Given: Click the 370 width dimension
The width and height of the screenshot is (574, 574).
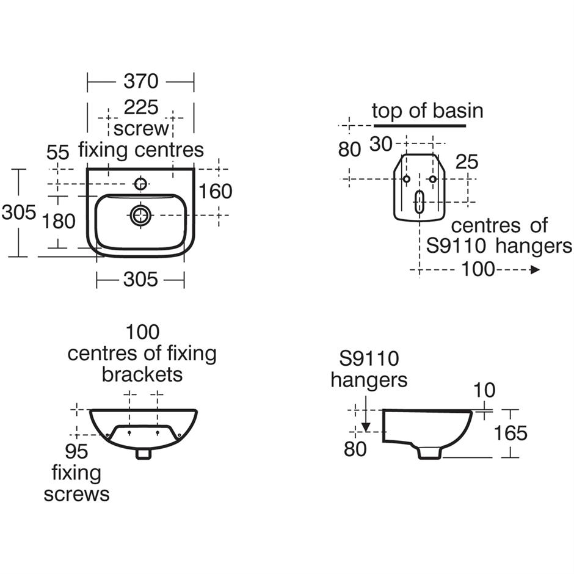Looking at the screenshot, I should (x=140, y=81).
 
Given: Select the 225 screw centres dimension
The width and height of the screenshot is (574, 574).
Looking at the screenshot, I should (x=141, y=107).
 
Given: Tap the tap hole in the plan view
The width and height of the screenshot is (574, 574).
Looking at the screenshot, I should (x=141, y=184).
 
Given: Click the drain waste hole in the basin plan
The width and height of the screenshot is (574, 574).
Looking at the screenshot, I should (x=141, y=214).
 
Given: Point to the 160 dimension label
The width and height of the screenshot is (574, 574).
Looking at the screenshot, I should (x=216, y=191).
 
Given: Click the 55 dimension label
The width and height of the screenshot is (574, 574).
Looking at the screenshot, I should (x=58, y=152).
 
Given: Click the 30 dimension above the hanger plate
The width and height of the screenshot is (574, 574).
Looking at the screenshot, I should (x=381, y=144).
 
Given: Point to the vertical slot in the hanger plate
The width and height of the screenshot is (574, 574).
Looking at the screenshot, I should (x=420, y=202).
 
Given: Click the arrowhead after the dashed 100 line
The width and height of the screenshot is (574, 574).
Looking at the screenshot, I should (x=535, y=269).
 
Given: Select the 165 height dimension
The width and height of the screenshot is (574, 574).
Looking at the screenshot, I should (x=510, y=433).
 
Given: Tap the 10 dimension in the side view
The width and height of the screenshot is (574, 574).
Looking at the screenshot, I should (x=484, y=390).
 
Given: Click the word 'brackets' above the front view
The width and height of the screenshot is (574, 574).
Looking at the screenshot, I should (x=142, y=374).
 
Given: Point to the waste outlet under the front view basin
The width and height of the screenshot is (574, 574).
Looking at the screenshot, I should (x=144, y=454).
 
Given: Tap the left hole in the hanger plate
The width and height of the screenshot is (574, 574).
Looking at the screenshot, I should (x=406, y=179).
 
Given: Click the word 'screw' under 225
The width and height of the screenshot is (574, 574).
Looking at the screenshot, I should (x=141, y=129).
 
